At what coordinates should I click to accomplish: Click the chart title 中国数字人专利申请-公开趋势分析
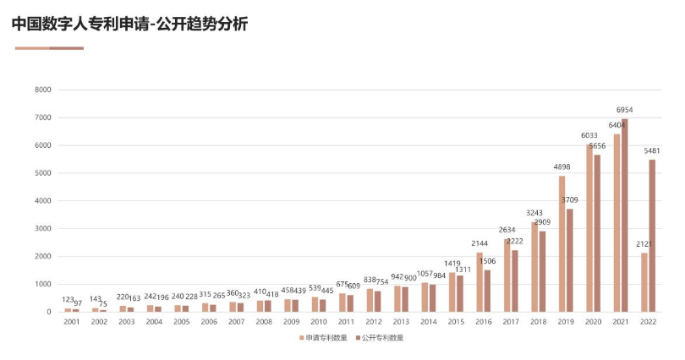[130, 24]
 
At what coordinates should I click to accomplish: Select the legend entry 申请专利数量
[325, 337]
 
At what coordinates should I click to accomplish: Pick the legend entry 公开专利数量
[381, 337]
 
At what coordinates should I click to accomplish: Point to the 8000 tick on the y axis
[43, 90]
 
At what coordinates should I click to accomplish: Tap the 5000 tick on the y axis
[43, 173]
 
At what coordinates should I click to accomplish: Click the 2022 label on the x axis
[648, 322]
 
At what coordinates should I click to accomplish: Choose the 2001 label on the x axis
[72, 322]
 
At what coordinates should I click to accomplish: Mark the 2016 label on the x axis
[483, 322]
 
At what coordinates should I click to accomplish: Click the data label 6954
[624, 110]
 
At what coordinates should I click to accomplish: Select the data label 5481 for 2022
[652, 151]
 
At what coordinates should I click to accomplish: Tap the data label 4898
[562, 167]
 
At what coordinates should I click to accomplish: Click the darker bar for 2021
[625, 215]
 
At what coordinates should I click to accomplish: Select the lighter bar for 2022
[644, 282]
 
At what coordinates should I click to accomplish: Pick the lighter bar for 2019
[562, 243]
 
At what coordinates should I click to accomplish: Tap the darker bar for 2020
[597, 233]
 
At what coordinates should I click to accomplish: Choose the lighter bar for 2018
[534, 266]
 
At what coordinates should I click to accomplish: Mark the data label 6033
[589, 135]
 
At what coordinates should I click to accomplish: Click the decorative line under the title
[49, 48]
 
